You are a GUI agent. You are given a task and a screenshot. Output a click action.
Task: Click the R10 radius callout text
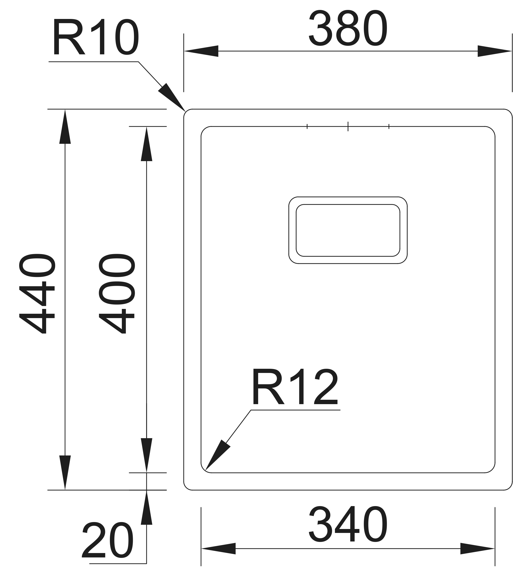95,37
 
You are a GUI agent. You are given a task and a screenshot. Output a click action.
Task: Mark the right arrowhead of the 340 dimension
477,549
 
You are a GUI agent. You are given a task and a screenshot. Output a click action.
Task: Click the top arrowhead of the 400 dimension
147,144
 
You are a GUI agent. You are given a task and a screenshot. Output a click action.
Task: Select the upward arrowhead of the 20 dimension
147,507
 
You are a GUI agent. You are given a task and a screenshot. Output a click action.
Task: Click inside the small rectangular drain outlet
348,230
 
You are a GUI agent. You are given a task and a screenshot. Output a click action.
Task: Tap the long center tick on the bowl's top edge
348,126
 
